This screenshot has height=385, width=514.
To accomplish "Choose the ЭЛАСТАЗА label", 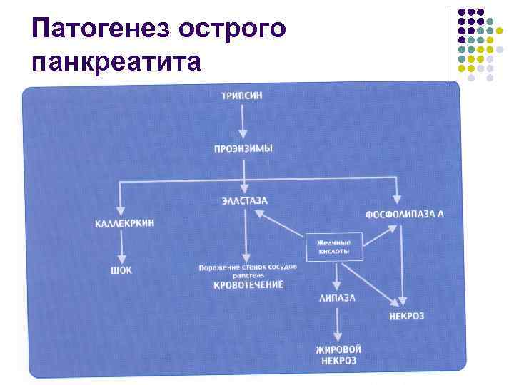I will coord(244,201).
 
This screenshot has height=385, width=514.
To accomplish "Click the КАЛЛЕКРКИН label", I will coord(124,223).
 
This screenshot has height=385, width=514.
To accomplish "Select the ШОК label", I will coord(122,270).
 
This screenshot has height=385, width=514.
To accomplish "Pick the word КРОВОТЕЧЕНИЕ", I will coord(248,284).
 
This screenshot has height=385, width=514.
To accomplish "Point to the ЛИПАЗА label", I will coord(337,298).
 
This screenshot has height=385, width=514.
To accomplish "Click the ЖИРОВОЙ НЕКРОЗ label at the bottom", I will coord(338,355).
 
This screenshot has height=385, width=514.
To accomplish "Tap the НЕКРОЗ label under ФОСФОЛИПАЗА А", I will coord(406,315).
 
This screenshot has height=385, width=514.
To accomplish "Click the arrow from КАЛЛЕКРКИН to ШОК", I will coord(122,247).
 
